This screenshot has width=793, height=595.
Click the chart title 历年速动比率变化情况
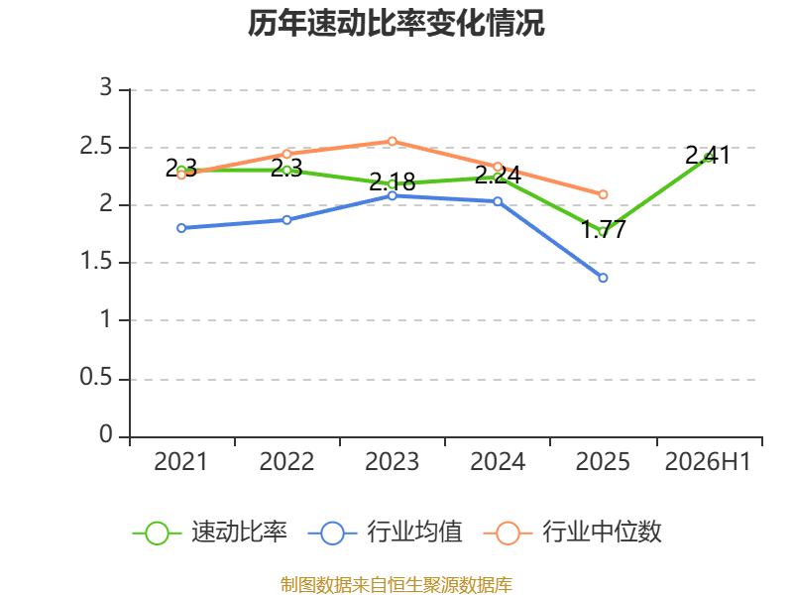pyautogui.click(x=396, y=23)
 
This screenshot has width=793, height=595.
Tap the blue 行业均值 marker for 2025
pyautogui.click(x=603, y=278)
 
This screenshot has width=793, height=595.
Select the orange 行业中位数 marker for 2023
pyautogui.click(x=392, y=141)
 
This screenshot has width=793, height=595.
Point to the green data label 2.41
pyautogui.click(x=708, y=156)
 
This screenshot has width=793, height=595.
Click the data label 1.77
pyautogui.click(x=604, y=229)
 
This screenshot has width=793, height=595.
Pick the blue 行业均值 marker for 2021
pyautogui.click(x=181, y=228)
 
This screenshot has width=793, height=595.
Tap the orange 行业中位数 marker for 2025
pyautogui.click(x=603, y=194)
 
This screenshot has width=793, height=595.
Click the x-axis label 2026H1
pyautogui.click(x=708, y=461)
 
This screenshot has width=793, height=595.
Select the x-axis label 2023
pyautogui.click(x=392, y=461)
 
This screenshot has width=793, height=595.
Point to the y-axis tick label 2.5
pyautogui.click(x=95, y=147)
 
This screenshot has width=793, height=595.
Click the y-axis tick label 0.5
pyautogui.click(x=95, y=378)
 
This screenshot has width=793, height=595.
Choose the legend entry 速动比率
pyautogui.click(x=210, y=533)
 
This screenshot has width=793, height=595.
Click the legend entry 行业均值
pyautogui.click(x=385, y=533)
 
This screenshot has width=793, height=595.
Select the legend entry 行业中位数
pyautogui.click(x=573, y=533)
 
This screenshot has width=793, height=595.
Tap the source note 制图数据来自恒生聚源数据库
pyautogui.click(x=396, y=585)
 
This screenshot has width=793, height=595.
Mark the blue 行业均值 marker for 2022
pyautogui.click(x=286, y=220)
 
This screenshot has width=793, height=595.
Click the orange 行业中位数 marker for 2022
pyautogui.click(x=286, y=154)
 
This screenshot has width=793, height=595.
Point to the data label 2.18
pyautogui.click(x=392, y=181)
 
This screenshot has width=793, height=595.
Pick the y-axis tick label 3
pyautogui.click(x=106, y=87)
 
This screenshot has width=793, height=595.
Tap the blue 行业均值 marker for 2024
pyautogui.click(x=498, y=201)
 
